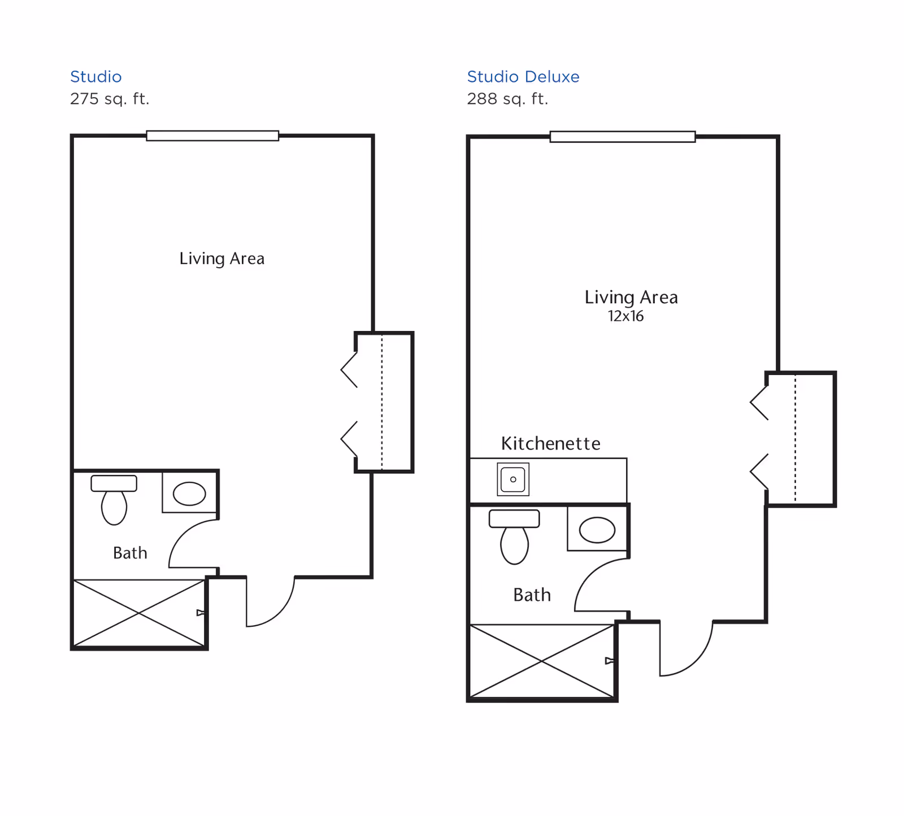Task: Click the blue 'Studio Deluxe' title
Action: pos(523,76)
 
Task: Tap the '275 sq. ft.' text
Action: pos(110,99)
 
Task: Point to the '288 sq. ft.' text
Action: pos(507,99)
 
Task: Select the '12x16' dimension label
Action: pos(625,316)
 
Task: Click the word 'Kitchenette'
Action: pos(550,443)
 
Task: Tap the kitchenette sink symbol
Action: pos(513,479)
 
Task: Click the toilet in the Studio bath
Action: pos(114,500)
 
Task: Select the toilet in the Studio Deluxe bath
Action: pos(514,537)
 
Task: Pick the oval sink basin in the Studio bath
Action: pos(189,494)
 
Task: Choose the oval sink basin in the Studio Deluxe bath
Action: pos(597,530)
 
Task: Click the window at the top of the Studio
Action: pos(212,136)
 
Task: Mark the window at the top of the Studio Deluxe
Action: pos(623,137)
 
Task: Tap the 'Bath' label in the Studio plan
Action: pos(130,553)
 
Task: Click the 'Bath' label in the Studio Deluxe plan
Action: pos(532,595)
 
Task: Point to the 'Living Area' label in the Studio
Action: pos(221,259)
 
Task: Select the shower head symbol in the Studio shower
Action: pos(201,613)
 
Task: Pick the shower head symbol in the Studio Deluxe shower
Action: pos(610,661)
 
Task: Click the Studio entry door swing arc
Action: pos(280,613)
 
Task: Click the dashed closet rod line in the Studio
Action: pos(382,402)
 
